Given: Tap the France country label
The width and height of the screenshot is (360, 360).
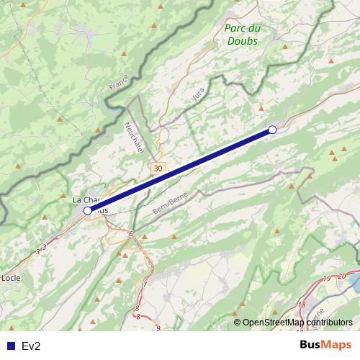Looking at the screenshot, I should click(117, 83).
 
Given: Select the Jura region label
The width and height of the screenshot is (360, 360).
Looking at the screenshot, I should click(199, 93).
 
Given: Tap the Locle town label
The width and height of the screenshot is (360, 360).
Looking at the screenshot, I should click(11, 276).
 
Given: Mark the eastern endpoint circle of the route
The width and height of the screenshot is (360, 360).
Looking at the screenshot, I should click(272, 130).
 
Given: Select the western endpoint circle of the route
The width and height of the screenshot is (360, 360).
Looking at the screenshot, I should click(88, 210).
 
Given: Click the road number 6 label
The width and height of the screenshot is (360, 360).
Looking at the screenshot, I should click(132, 233).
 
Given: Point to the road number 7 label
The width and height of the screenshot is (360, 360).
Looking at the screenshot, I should click(144, 284).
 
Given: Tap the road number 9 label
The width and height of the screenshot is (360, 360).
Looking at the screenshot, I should click(158, 328).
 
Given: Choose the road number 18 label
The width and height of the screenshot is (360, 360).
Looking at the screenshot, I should click(302, 305).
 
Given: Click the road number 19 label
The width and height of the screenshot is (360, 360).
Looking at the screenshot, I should click(327, 279).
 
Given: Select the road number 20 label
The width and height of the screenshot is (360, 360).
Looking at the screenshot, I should click(341, 275).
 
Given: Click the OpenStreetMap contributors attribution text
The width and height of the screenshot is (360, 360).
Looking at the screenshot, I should click(297, 323).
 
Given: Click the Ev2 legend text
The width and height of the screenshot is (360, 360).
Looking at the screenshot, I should click(31, 346).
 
